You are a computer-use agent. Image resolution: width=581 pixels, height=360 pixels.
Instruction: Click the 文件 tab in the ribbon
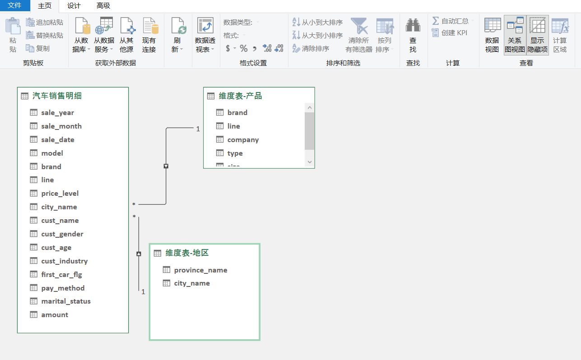pyautogui.click(x=15, y=5)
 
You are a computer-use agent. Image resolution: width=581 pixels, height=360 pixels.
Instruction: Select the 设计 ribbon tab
pyautogui.click(x=74, y=5)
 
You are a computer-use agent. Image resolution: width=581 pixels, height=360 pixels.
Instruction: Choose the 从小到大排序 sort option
pyautogui.click(x=317, y=22)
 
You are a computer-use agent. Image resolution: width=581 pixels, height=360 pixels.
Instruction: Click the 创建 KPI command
pyautogui.click(x=450, y=33)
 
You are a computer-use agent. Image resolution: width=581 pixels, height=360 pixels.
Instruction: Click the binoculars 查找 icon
pyautogui.click(x=413, y=25)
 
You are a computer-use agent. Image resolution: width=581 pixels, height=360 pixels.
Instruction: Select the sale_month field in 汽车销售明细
pyautogui.click(x=61, y=126)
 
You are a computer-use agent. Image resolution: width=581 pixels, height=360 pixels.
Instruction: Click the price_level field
pyautogui.click(x=60, y=194)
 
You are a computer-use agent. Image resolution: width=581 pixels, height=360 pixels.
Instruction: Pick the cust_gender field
pyautogui.click(x=62, y=234)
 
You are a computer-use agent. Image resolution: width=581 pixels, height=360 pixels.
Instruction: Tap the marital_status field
pyautogui.click(x=66, y=301)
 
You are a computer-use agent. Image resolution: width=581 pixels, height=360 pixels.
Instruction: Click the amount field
pyautogui.click(x=55, y=314)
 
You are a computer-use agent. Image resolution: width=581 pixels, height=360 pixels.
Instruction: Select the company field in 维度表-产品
pyautogui.click(x=243, y=140)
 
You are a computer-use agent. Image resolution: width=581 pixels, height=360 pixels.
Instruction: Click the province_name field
pyautogui.click(x=200, y=270)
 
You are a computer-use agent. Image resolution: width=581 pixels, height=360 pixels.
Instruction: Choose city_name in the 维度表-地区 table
pyautogui.click(x=192, y=283)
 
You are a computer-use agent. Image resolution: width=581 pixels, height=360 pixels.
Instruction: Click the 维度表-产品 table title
pyautogui.click(x=240, y=96)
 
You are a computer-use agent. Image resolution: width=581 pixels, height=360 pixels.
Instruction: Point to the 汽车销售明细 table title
pyautogui.click(x=57, y=96)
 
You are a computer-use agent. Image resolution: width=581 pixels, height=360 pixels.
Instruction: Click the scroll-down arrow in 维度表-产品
pyautogui.click(x=310, y=162)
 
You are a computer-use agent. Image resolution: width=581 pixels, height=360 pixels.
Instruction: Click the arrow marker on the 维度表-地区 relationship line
pyautogui.click(x=139, y=254)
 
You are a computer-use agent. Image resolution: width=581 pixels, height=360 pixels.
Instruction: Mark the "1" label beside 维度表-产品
pyautogui.click(x=198, y=129)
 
